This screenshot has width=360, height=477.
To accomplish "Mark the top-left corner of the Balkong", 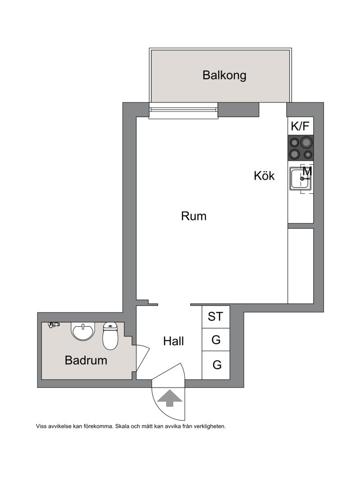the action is (151, 50).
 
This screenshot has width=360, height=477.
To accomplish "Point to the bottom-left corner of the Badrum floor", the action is (42, 379).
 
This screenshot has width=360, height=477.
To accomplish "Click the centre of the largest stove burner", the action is (306, 142).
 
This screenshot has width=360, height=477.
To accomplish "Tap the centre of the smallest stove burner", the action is (308, 155).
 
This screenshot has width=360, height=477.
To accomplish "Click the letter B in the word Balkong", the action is (207, 75).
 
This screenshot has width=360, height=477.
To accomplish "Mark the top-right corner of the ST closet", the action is (229, 306).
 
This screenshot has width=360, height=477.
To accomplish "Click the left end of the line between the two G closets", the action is (202, 351).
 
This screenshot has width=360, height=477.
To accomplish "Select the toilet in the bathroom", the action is (110, 336).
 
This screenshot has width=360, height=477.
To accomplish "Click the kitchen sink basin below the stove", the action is (300, 178).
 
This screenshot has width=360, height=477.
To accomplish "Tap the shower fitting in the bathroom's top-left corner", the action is (54, 325).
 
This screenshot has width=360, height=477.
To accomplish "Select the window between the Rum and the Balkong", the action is (184, 111).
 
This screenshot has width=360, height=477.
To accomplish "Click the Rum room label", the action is (193, 216).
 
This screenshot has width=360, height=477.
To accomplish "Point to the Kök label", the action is (264, 175).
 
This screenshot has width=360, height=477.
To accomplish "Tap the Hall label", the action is (174, 341).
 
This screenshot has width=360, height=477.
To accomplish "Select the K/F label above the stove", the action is (300, 126).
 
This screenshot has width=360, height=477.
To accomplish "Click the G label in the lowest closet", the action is (217, 365).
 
